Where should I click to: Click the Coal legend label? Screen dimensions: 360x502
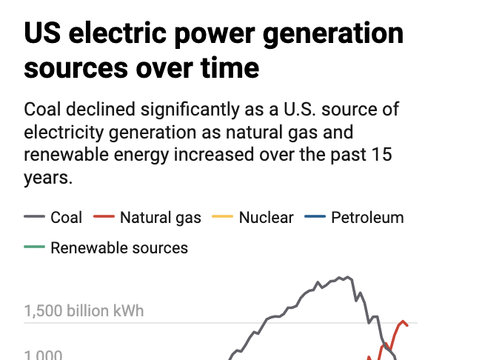point(66,218)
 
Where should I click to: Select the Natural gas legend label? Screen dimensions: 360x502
point(160,218)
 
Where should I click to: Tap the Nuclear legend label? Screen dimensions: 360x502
point(266,218)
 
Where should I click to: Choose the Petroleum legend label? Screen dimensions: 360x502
point(367,218)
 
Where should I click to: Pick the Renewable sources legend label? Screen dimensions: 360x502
point(119,247)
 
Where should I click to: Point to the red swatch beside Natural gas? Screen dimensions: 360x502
point(104,218)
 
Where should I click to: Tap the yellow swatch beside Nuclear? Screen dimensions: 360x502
point(223,218)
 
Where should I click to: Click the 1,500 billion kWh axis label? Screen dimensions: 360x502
point(84,311)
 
